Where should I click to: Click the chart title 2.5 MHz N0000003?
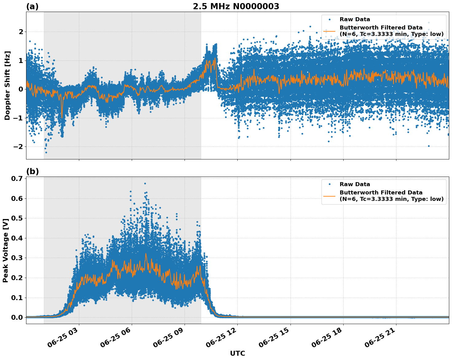(x=236, y=6)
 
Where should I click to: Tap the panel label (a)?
(x=32, y=6)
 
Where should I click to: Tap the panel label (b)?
(x=32, y=171)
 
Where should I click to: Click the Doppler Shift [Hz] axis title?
(x=7, y=85)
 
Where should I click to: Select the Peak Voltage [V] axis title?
(x=5, y=250)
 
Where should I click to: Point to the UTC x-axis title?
(x=237, y=353)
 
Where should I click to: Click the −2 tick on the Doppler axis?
(x=19, y=147)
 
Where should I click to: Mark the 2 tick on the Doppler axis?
(x=21, y=32)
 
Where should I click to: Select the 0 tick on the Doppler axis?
(x=21, y=89)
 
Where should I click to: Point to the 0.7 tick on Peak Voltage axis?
(x=17, y=178)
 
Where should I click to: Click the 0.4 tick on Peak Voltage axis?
(x=17, y=238)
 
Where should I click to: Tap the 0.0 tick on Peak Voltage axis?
(x=17, y=317)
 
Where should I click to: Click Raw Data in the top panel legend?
(x=355, y=19)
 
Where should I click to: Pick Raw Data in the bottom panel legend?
(x=355, y=184)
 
